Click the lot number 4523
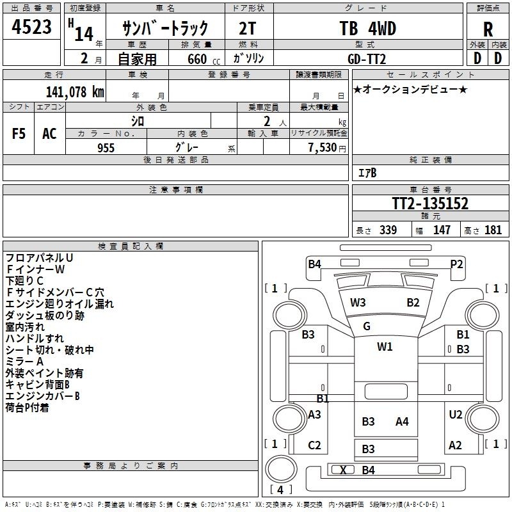click(x=31, y=27)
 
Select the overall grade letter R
click(x=488, y=29)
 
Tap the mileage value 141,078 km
click(x=75, y=92)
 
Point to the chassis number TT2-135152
click(x=430, y=203)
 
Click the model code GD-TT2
click(x=367, y=59)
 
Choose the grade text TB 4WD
click(x=367, y=28)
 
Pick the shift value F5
click(x=19, y=134)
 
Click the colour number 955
click(x=106, y=148)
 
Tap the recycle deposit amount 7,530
click(x=322, y=148)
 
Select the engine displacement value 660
click(x=197, y=59)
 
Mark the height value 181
click(x=493, y=230)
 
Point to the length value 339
click(x=388, y=230)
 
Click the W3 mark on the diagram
click(x=358, y=303)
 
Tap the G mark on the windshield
click(x=367, y=326)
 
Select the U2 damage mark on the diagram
click(x=456, y=415)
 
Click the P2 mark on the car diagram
click(x=456, y=264)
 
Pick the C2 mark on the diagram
click(x=314, y=445)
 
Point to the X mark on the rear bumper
click(x=343, y=470)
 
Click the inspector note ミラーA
click(x=24, y=362)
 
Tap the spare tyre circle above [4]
click(x=281, y=469)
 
